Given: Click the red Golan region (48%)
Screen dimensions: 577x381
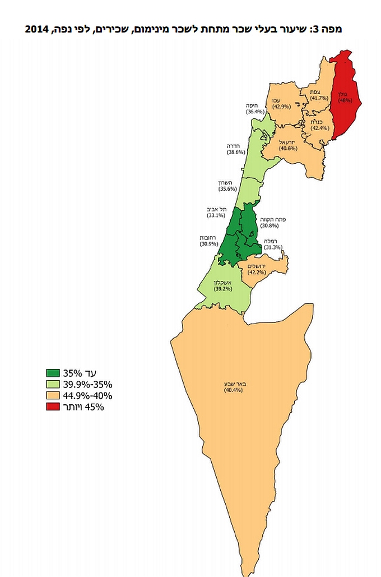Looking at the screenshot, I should point(345,98).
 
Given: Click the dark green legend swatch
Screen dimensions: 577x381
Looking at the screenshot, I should point(53,373).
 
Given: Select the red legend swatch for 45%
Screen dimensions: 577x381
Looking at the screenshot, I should point(53,407).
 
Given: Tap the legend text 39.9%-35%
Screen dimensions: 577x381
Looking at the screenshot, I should point(88,385).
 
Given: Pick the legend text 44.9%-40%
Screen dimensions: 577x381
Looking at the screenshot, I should point(88,396).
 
